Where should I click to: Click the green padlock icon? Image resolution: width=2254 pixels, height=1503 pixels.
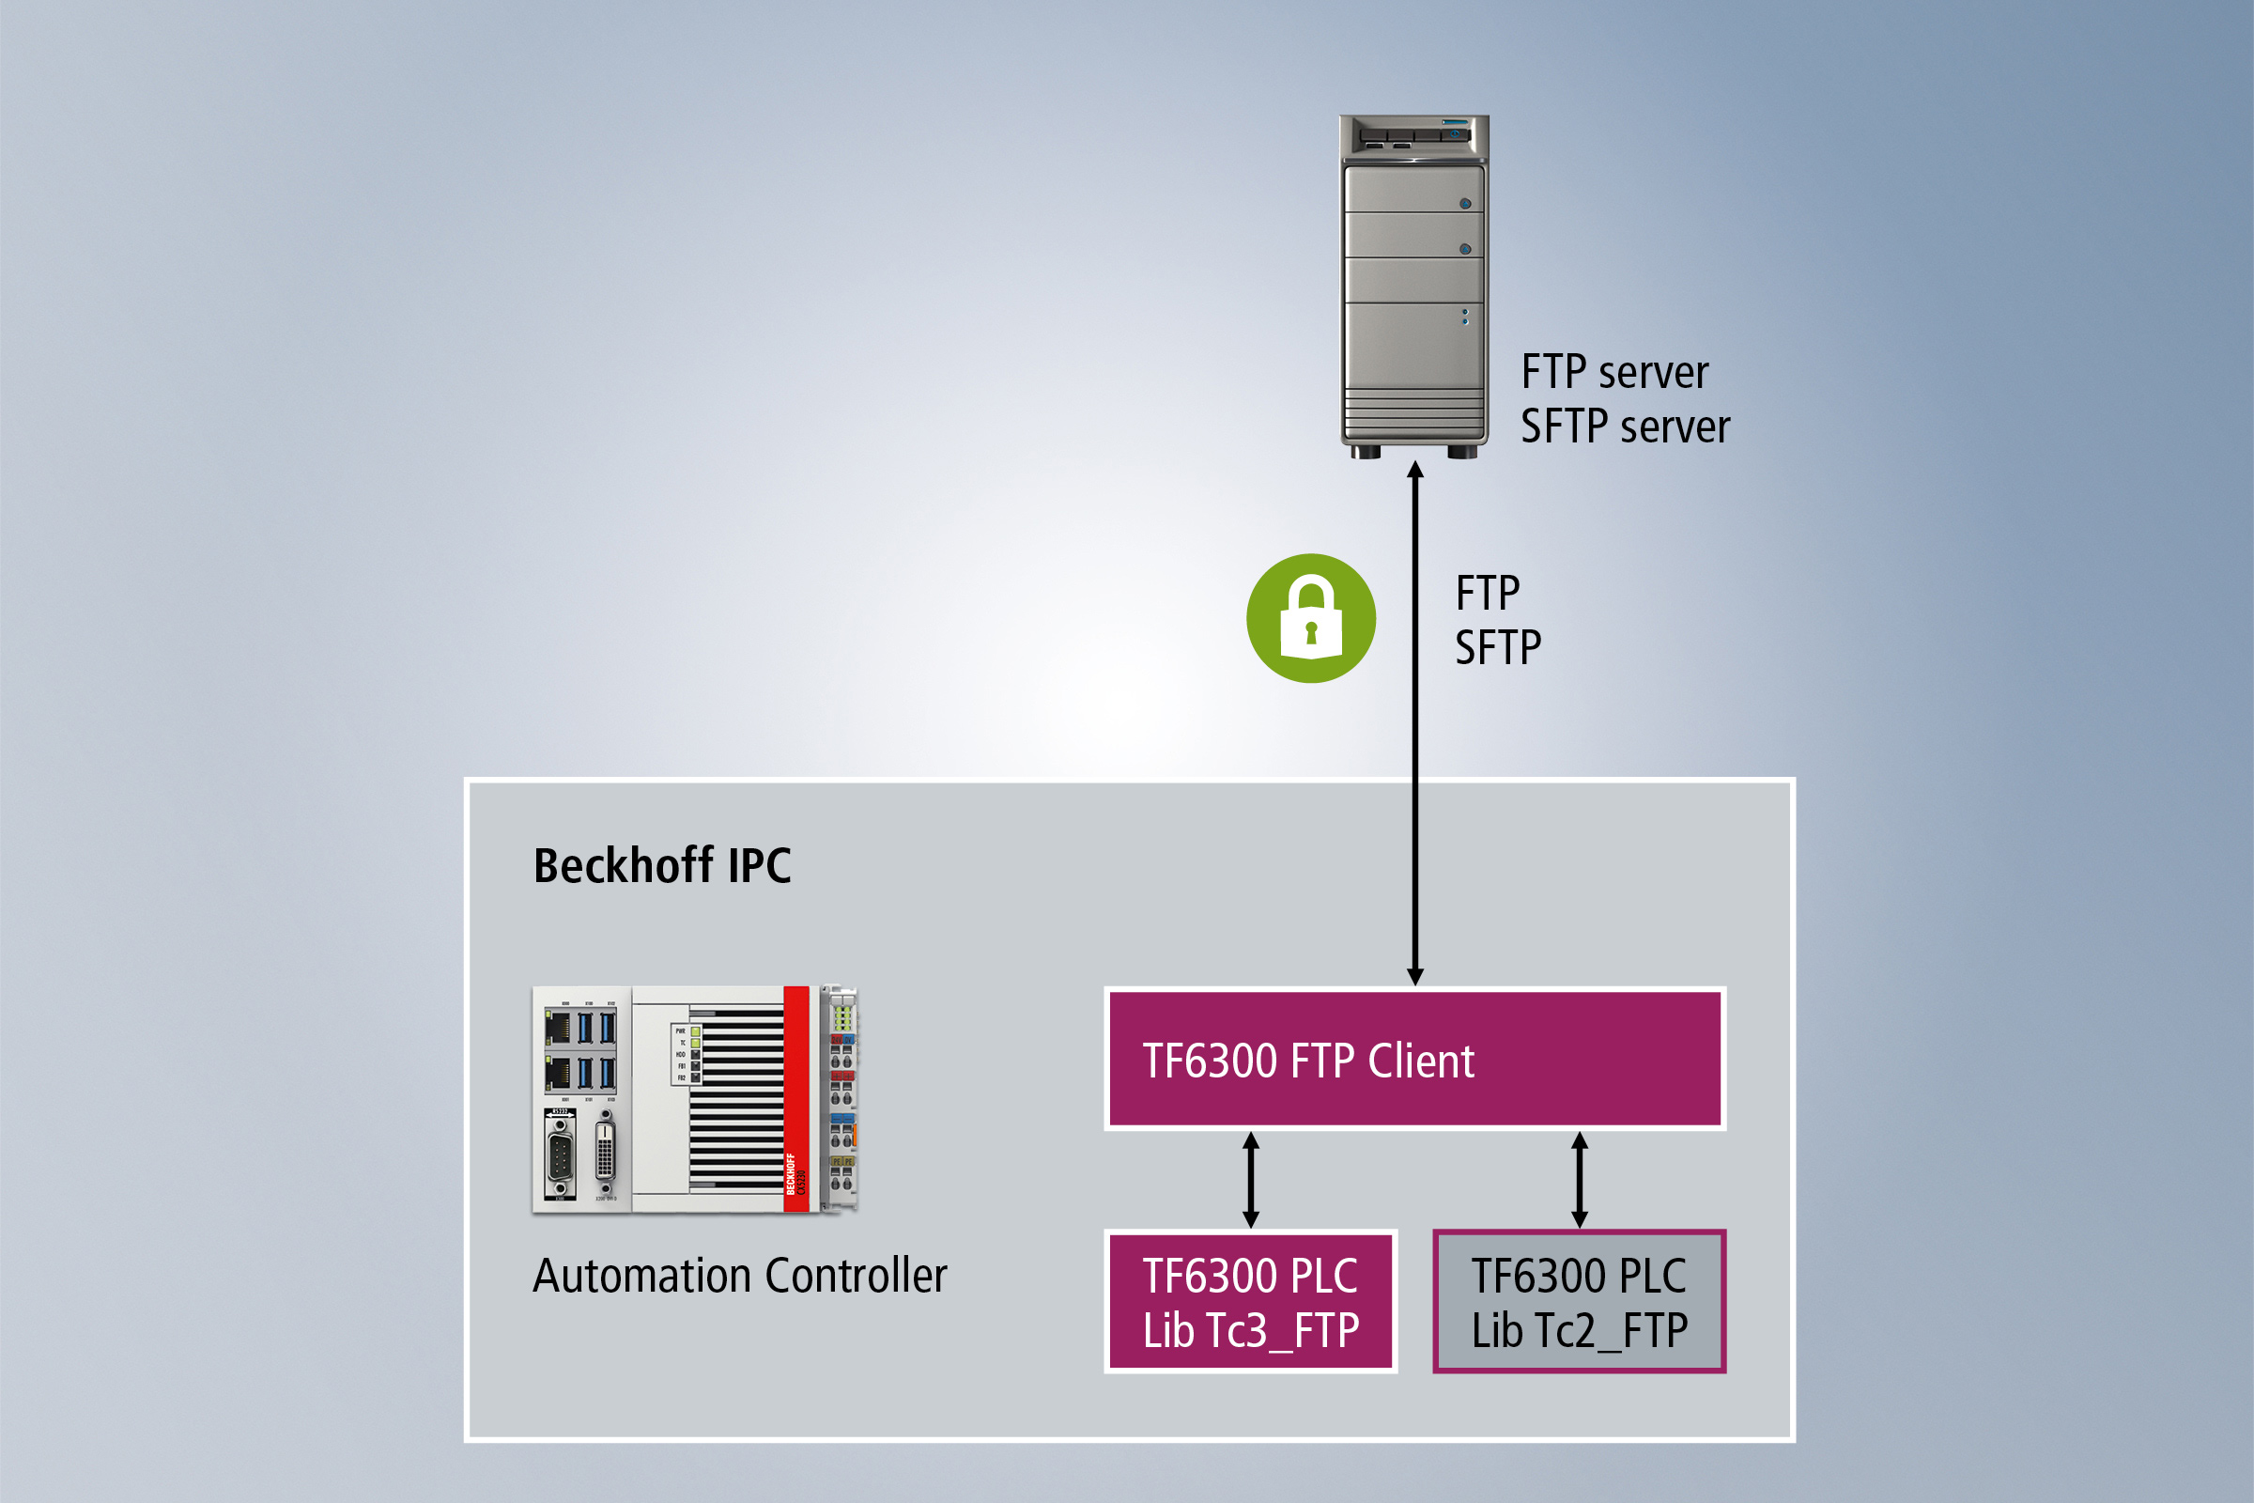click(1311, 618)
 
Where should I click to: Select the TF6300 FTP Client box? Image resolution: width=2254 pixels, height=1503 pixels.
click(1414, 1060)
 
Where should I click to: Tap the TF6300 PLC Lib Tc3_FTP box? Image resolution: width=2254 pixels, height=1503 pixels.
click(1251, 1302)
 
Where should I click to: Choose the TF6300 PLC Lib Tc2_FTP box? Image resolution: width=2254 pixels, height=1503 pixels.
click(1580, 1302)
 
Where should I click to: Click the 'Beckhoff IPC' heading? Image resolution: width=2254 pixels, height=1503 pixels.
click(662, 865)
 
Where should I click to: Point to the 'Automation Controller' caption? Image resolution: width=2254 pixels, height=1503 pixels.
click(740, 1276)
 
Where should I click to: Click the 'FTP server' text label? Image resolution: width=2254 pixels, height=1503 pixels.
click(1614, 372)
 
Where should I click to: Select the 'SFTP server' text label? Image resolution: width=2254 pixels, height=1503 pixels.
click(1626, 426)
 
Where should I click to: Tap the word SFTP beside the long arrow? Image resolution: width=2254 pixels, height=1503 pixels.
click(1498, 648)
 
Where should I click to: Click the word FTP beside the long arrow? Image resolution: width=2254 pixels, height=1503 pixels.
click(1488, 594)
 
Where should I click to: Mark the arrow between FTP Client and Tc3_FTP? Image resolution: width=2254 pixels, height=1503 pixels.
click(1251, 1180)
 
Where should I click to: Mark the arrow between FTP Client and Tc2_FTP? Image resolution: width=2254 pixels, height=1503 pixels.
click(1580, 1180)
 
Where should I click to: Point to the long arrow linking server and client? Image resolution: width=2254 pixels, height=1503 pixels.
click(1414, 729)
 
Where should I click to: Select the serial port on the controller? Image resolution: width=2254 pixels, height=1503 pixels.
click(561, 1155)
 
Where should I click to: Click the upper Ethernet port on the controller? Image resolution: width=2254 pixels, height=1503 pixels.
click(557, 1028)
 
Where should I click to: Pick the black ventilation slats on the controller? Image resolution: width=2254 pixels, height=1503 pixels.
click(736, 1102)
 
